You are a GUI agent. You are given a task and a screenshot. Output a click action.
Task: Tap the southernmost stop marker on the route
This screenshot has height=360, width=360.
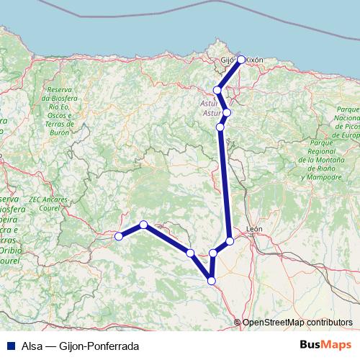pyautogui.click(x=212, y=280)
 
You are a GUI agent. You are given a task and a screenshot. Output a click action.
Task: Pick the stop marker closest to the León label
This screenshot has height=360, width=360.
pyautogui.click(x=230, y=240)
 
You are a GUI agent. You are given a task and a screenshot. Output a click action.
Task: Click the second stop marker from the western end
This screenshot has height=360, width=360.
pyautogui.click(x=144, y=225)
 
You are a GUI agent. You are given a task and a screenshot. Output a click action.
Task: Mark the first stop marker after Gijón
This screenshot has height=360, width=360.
pyautogui.click(x=217, y=90)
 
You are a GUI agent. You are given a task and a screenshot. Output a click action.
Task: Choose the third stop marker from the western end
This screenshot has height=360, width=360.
pyautogui.click(x=190, y=253)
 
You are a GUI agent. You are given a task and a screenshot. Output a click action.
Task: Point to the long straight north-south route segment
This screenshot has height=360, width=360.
pyautogui.click(x=225, y=184)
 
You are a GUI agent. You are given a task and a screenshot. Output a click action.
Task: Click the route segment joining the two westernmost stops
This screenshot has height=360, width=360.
pyautogui.click(x=131, y=230)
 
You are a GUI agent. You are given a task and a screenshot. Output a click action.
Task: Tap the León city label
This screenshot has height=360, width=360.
pyautogui.click(x=254, y=230)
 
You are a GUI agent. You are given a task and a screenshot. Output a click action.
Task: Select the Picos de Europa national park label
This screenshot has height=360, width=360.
pyautogui.click(x=345, y=122)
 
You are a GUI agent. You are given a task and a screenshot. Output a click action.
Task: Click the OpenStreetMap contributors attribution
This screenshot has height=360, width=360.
pyautogui.click(x=297, y=322)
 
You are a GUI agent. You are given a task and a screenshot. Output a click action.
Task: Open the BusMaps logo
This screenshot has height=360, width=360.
pyautogui.click(x=325, y=345)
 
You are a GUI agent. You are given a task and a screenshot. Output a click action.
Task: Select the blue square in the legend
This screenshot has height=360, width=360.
pyautogui.click(x=9, y=346)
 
